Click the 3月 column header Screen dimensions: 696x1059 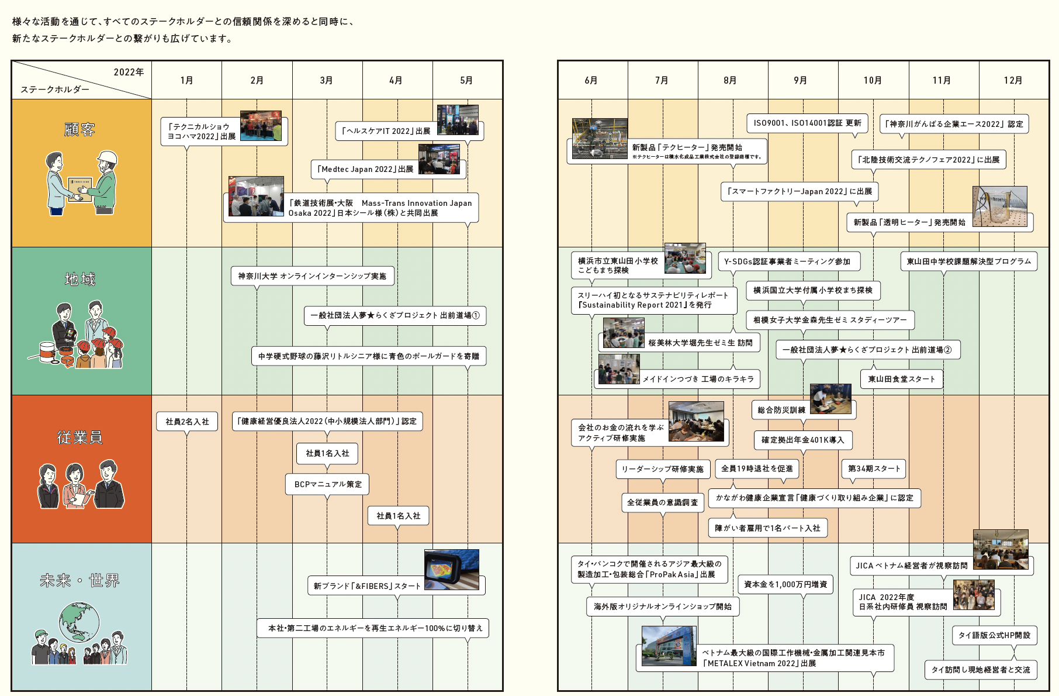(327, 80)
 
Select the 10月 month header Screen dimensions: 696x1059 (873, 80)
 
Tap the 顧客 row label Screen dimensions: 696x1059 (80, 129)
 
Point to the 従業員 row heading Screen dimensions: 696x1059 (80, 437)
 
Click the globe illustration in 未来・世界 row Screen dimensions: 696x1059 (79, 622)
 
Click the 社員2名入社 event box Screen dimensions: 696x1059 (187, 422)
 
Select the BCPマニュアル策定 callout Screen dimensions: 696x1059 (328, 484)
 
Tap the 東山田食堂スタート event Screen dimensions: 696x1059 (901, 379)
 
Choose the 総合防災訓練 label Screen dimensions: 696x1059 (781, 410)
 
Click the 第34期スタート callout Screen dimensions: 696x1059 (874, 468)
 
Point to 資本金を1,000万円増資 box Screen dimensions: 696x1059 (785, 584)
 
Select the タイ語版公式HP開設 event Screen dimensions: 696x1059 (994, 635)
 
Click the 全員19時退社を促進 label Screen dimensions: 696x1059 (757, 468)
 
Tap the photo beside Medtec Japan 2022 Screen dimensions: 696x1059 (439, 159)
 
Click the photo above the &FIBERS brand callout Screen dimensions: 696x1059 (452, 570)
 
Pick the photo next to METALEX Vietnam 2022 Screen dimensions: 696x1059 (669, 646)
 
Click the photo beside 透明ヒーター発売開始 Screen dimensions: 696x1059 (999, 206)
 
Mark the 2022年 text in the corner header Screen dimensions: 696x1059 (129, 72)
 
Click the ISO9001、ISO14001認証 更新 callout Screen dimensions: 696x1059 (807, 123)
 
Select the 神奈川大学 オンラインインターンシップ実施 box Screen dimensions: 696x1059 (312, 276)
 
